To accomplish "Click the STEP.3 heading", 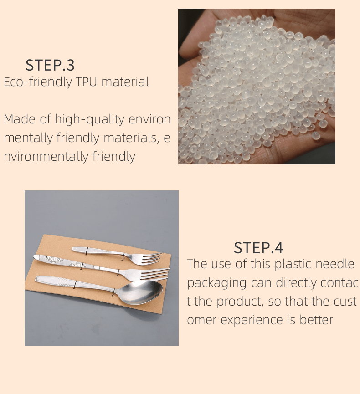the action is (x=50, y=65).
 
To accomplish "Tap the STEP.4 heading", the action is (x=258, y=248).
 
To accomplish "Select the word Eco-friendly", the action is (x=38, y=82).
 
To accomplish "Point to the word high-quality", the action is (x=89, y=120).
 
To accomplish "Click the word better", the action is (x=316, y=320).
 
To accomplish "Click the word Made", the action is (x=19, y=119).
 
